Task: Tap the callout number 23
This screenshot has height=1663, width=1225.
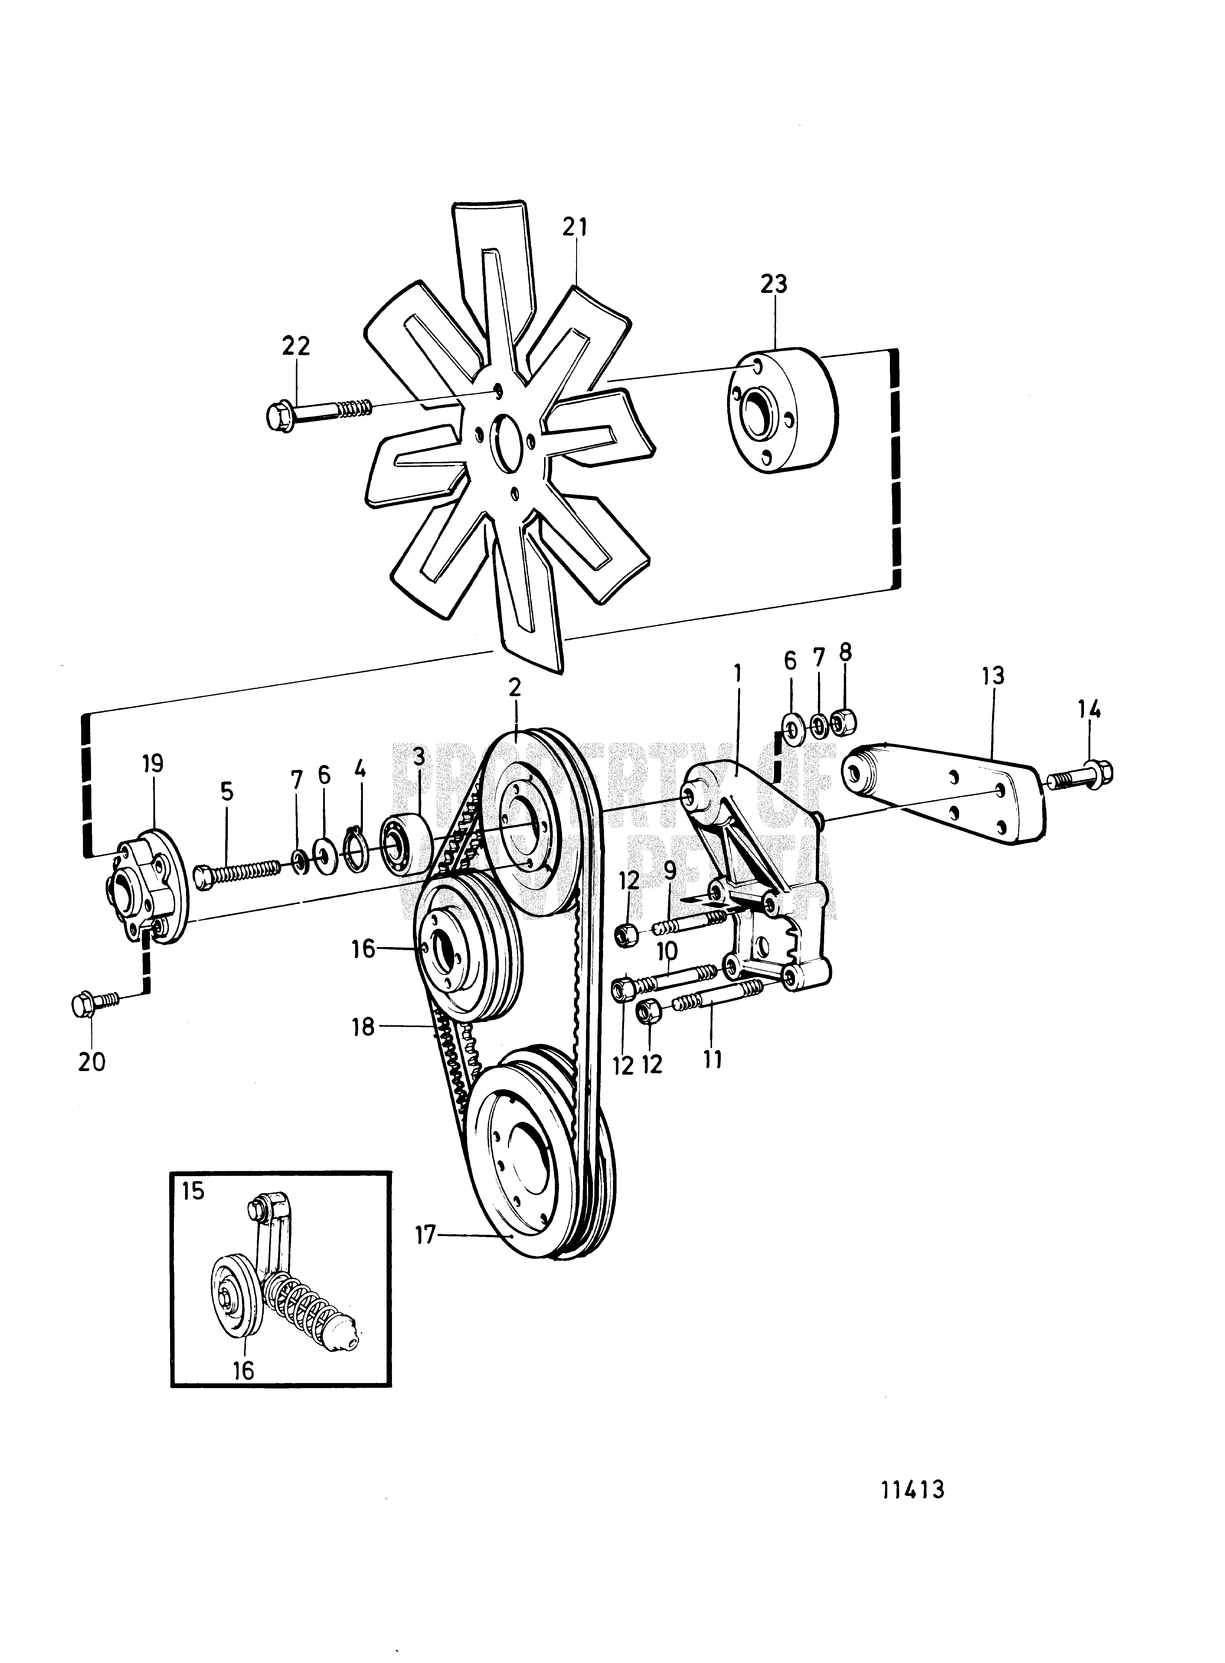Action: (x=773, y=284)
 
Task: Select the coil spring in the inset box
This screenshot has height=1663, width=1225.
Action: (x=297, y=1305)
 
